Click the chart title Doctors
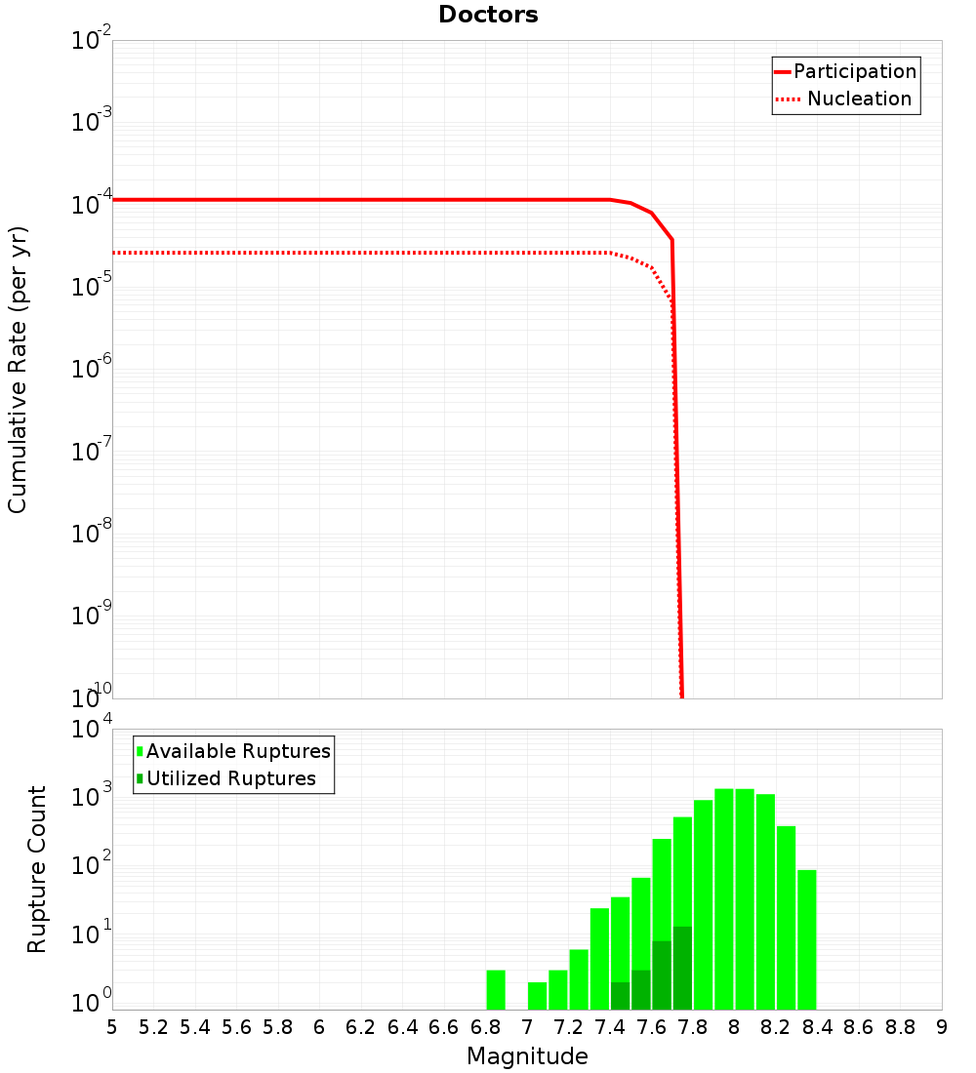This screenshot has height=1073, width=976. [488, 15]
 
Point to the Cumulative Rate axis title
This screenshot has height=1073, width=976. [18, 369]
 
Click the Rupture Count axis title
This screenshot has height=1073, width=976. [37, 869]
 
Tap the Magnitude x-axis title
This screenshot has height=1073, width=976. [527, 1055]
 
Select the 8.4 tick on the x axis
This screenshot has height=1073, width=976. [817, 1027]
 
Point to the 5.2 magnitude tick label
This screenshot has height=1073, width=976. [153, 1027]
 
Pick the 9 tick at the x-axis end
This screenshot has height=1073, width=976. [941, 1027]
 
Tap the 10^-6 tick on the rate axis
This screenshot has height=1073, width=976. [92, 370]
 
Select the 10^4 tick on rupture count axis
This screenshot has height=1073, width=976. [92, 731]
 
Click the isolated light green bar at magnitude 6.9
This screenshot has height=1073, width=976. [496, 989]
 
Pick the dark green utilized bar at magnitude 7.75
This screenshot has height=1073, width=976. [682, 968]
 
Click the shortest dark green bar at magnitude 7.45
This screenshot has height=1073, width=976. [620, 995]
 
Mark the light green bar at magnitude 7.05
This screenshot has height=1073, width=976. [537, 995]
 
